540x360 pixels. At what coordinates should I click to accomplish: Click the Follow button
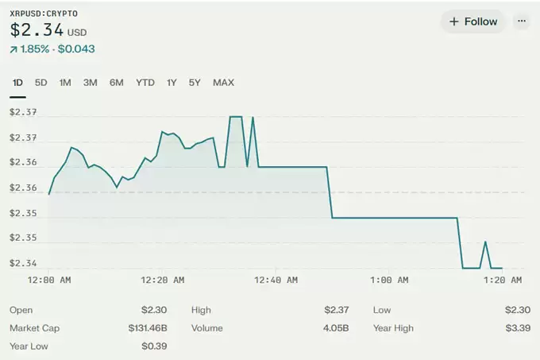tap(473, 21)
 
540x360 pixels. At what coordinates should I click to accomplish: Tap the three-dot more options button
tap(521, 21)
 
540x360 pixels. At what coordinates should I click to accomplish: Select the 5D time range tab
tap(41, 83)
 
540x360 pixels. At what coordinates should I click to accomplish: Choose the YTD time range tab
tap(145, 83)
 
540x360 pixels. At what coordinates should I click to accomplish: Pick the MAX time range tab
tap(223, 83)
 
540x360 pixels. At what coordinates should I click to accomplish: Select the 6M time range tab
tap(117, 83)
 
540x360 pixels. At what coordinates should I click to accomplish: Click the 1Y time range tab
tap(172, 83)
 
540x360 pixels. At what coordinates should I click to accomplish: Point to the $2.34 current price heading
tap(37, 30)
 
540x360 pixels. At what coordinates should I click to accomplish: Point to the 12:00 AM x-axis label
tap(50, 280)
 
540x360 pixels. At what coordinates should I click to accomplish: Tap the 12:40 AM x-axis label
tap(276, 280)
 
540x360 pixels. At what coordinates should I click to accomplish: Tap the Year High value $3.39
tap(517, 328)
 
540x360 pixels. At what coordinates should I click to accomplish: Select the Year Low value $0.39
tap(154, 346)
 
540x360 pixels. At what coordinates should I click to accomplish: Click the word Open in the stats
tap(21, 310)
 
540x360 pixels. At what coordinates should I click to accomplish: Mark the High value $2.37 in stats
tap(336, 310)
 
